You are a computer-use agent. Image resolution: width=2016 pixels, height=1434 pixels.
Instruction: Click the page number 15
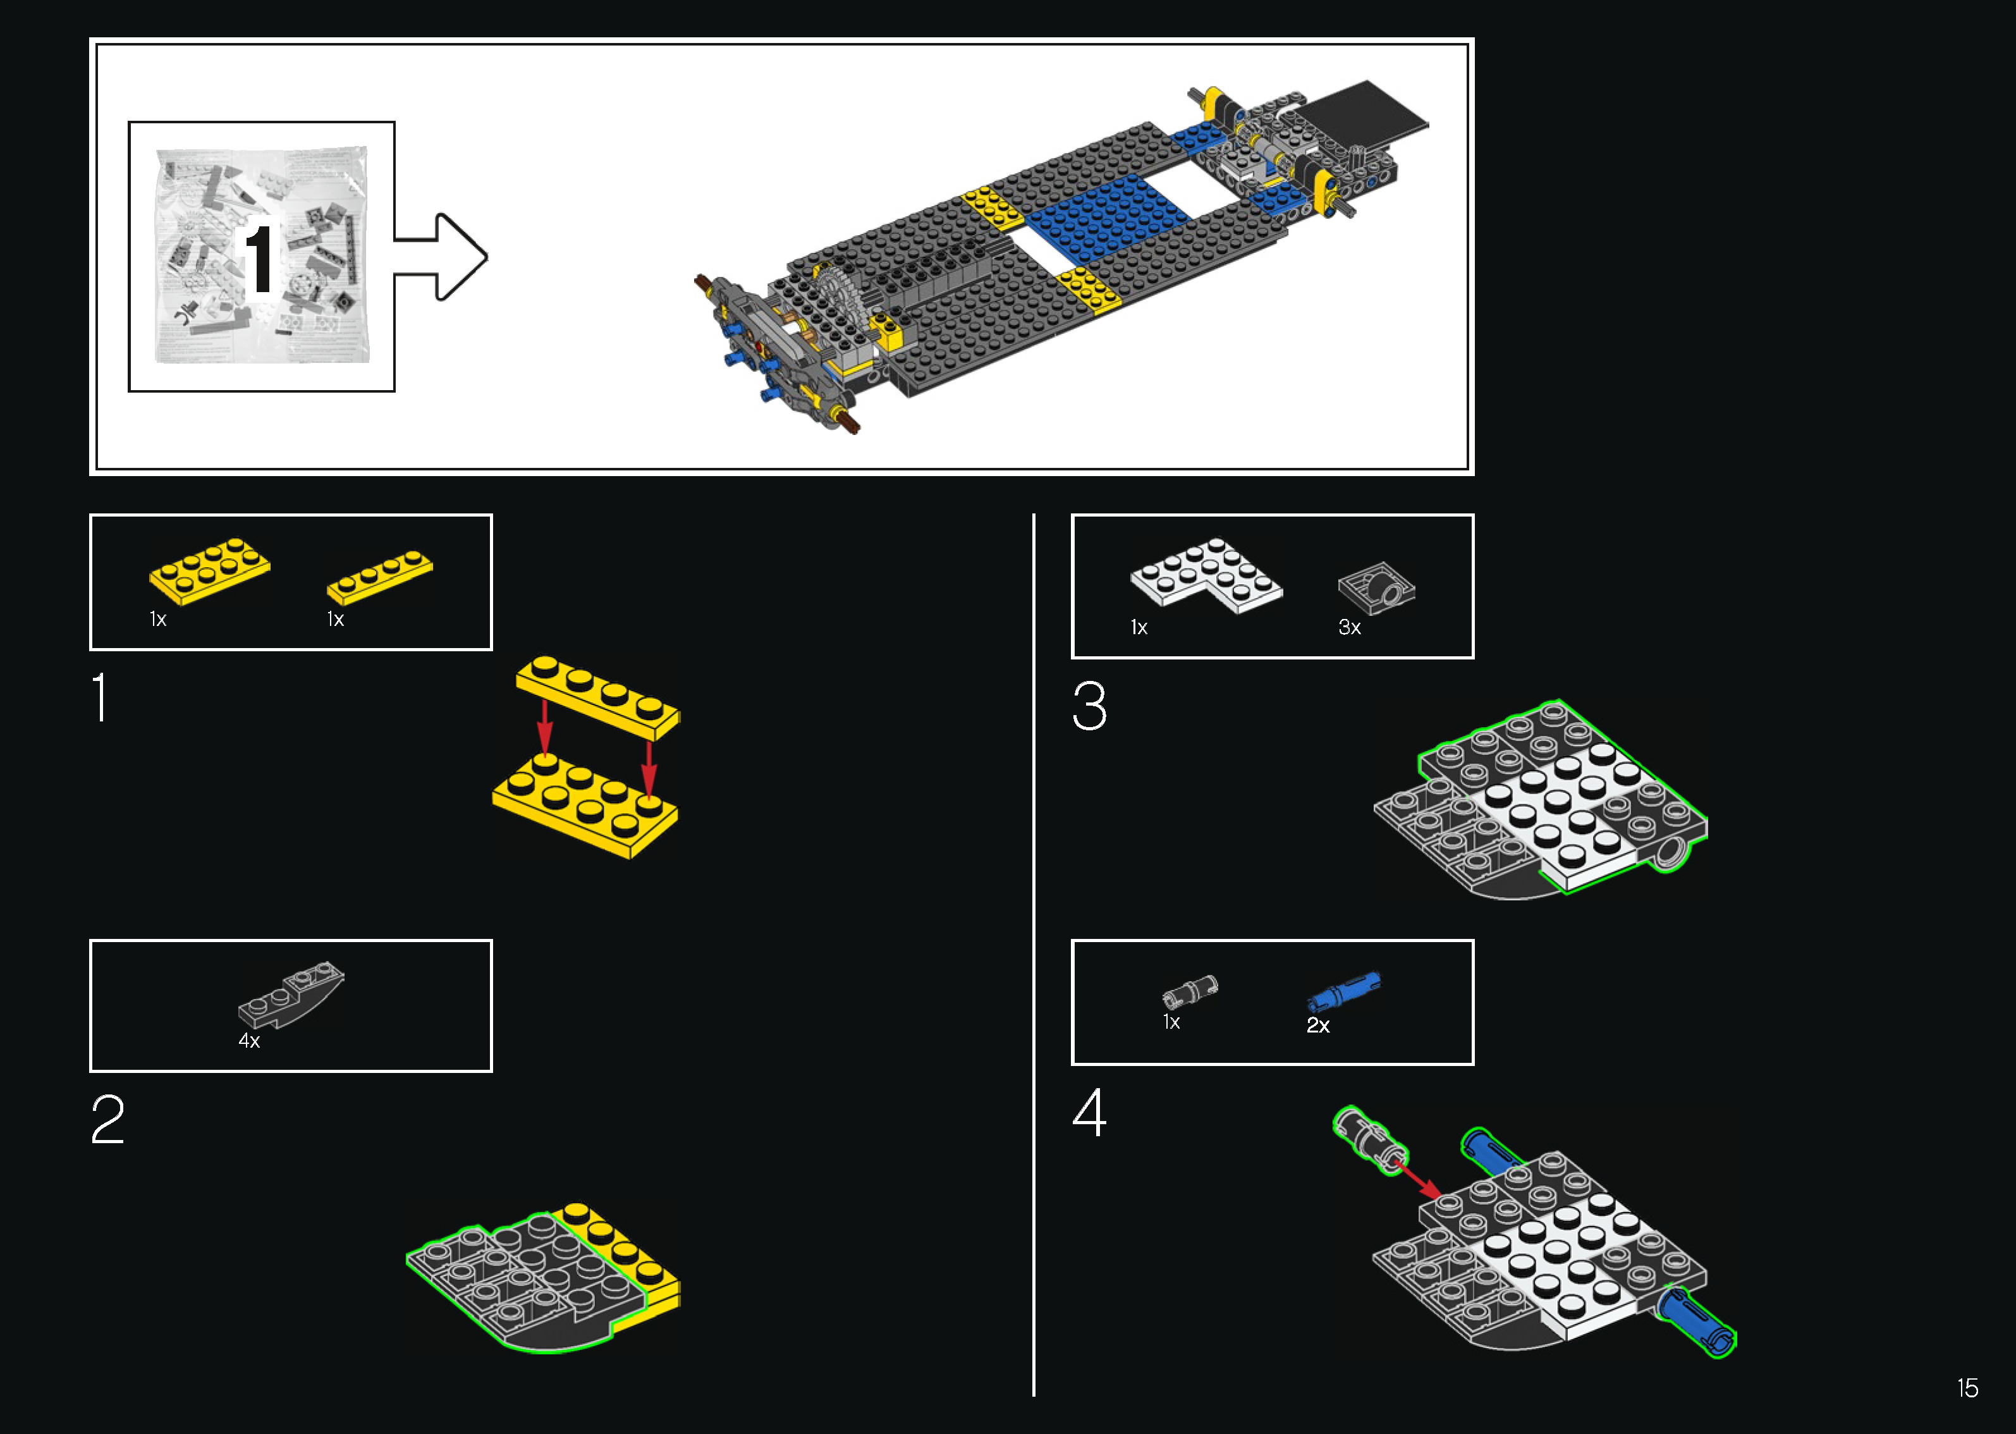1967,1388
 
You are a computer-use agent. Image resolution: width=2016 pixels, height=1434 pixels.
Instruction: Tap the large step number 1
101,697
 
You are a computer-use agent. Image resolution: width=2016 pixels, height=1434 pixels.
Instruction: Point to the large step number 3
1089,706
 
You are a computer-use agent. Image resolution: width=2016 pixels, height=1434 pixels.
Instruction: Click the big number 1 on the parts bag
259,258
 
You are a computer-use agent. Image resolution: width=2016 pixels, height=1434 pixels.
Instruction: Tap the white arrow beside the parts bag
441,257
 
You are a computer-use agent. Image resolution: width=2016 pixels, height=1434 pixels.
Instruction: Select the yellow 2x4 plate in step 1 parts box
210,572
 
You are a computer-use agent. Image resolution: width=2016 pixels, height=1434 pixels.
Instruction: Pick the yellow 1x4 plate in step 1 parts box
379,577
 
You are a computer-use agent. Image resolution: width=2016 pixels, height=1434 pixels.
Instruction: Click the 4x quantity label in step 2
249,1041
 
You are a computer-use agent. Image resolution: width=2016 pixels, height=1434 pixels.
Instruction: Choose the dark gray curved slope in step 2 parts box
291,995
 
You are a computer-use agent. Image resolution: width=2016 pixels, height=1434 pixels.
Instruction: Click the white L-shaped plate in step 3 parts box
1206,576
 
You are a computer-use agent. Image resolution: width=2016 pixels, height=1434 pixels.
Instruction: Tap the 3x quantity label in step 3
1350,628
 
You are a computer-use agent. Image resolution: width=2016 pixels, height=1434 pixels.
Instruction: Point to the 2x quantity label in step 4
1318,1025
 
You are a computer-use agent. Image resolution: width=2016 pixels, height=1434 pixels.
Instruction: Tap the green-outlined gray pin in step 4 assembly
1371,1141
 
